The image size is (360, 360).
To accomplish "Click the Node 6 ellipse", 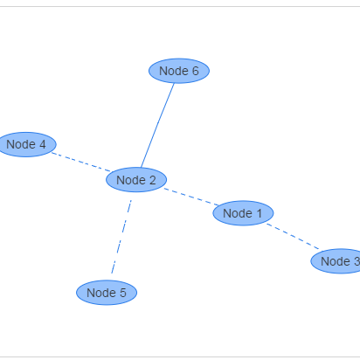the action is point(179,71).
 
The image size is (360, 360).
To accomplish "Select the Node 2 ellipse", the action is point(136,180).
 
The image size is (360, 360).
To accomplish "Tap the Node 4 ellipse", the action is point(26,144).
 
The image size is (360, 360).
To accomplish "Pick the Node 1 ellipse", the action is point(243,213).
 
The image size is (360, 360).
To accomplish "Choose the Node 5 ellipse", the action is point(107,293).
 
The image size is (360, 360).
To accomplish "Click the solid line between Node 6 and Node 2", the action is point(157,126).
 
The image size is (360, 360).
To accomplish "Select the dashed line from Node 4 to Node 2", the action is point(81,162).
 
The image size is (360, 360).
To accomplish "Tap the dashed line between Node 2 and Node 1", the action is point(190,197).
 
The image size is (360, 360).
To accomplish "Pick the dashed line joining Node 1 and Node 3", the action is point(293,237).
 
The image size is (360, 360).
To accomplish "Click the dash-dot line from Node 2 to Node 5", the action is point(121,237).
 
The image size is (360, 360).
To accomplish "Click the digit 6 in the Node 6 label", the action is point(195,71).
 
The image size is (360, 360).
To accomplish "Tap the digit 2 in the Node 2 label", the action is point(152,180).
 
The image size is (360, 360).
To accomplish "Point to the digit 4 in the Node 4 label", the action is point(43,144).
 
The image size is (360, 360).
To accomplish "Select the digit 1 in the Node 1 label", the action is point(259,213).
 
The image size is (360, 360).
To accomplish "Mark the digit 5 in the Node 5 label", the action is point(123,293).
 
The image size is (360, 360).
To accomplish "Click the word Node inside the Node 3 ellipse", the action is point(336,261).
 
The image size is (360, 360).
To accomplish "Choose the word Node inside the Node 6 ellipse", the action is point(174,71).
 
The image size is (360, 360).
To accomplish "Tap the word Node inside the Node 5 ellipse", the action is point(101,293).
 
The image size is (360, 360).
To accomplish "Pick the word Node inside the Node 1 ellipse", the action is point(238,213).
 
